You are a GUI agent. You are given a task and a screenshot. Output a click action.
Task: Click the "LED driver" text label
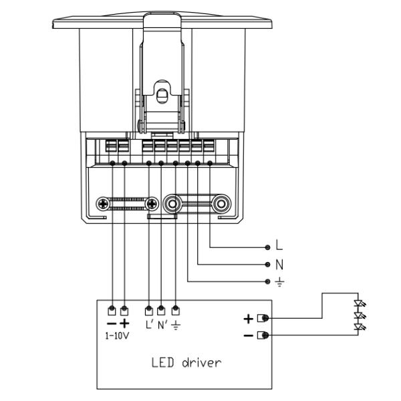point(186,363)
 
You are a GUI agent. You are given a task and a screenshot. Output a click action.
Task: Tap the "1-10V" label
point(118,336)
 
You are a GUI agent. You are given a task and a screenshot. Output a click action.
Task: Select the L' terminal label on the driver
point(149,325)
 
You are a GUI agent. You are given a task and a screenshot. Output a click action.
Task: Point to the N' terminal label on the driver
point(162,325)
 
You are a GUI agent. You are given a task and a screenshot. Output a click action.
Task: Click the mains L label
point(279,245)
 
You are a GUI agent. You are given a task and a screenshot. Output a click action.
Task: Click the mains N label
point(279,265)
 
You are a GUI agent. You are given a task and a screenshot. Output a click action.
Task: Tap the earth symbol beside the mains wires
point(279,282)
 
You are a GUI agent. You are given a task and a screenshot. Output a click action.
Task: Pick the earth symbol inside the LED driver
point(176,325)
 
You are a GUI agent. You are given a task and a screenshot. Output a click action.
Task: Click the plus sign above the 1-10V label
point(124,323)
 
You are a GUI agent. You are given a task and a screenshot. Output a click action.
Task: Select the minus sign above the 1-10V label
point(112,323)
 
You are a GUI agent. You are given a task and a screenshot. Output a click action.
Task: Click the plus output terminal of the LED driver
point(263,318)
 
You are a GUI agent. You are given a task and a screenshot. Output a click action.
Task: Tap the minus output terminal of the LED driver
point(263,336)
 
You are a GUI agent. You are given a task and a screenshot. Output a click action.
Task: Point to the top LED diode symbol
point(359,303)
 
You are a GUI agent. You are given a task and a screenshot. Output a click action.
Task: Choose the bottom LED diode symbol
point(359,327)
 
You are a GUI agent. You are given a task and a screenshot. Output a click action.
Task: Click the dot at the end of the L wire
point(267,247)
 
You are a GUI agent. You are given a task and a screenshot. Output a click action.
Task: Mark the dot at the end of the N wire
point(267,265)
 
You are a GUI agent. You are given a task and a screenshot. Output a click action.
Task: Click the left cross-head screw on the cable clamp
point(103,204)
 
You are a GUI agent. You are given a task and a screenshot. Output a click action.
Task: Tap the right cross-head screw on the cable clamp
point(152,204)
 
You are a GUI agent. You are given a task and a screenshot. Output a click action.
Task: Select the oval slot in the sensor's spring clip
point(162,96)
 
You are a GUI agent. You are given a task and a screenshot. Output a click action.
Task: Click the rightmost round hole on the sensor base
point(221,204)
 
